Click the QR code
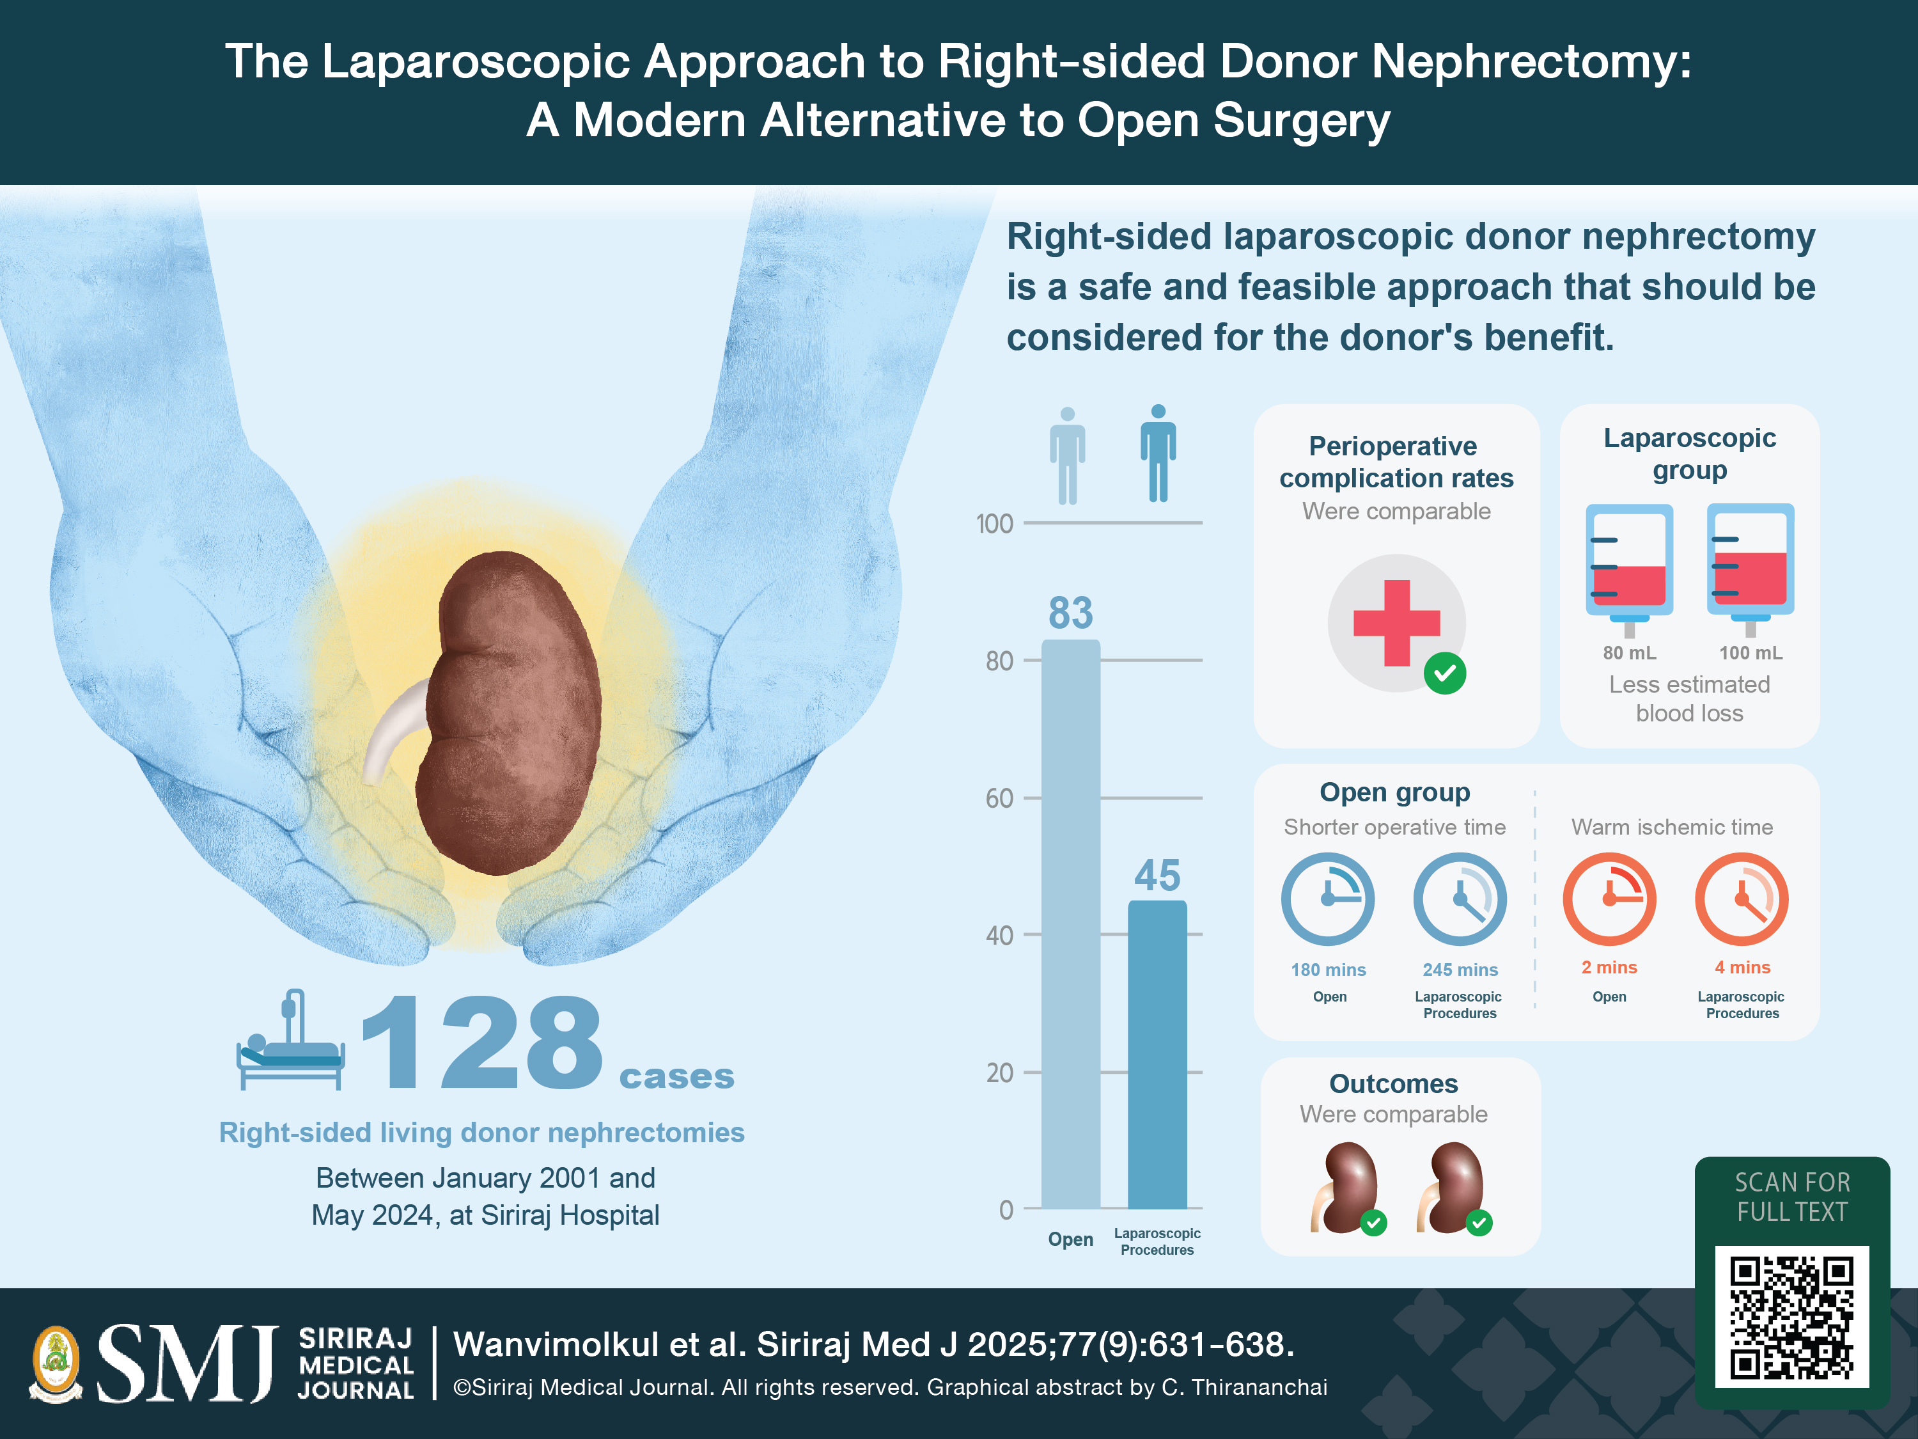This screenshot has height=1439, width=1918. coord(1791,1317)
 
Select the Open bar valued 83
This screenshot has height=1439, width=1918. coord(1070,924)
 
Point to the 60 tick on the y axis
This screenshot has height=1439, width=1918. coord(1000,798)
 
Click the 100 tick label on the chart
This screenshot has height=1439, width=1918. coord(995,524)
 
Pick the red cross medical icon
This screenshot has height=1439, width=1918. coord(1396,623)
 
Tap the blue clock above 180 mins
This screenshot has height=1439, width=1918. coord(1327,899)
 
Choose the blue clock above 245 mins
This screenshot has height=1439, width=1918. coord(1460,899)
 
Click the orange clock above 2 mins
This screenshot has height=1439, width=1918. coord(1609,899)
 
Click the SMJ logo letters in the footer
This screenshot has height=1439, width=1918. coord(187,1363)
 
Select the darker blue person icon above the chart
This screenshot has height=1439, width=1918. coord(1158,453)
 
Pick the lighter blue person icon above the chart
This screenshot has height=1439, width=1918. coord(1068,456)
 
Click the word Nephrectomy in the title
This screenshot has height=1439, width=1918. coord(1531,63)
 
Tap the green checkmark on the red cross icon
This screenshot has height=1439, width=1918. coord(1444,673)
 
